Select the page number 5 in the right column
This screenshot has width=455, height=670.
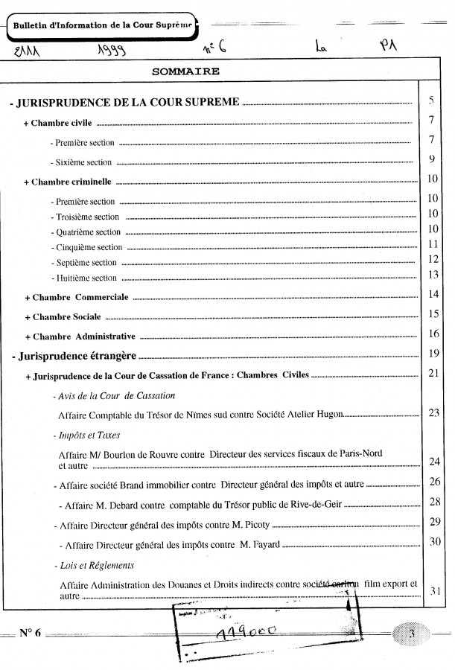pos(432,100)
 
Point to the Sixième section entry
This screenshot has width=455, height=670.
pos(80,162)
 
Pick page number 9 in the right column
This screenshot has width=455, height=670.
pos(432,159)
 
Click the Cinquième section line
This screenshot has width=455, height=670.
pos(86,247)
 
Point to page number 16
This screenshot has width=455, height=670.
pos(434,333)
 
